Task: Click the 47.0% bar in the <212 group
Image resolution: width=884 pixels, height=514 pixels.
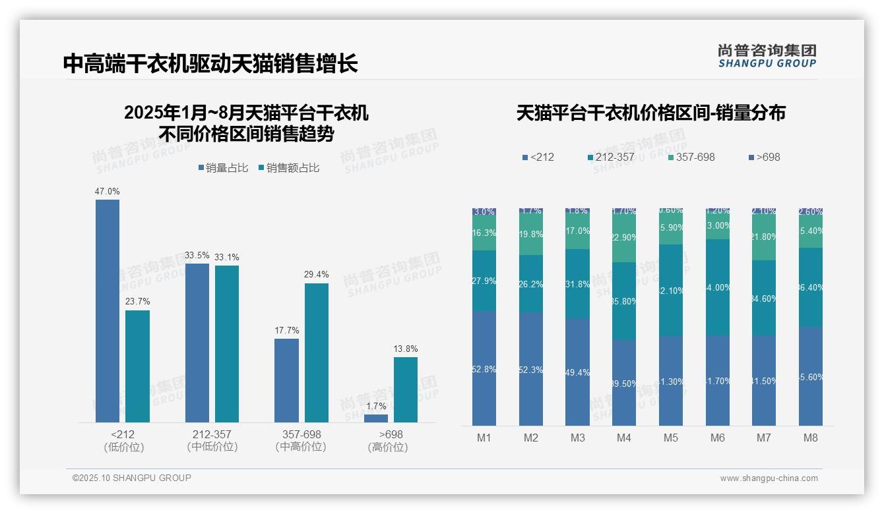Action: [108, 310]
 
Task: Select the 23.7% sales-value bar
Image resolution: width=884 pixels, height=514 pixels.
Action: [137, 366]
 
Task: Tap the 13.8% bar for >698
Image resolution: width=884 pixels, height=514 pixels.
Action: [405, 389]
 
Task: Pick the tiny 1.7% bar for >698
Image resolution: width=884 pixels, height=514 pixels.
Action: [375, 418]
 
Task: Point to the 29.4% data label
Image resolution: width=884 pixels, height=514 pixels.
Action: [317, 274]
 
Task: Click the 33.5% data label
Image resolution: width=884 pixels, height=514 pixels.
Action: [197, 255]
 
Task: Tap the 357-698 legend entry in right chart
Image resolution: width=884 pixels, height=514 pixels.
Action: [691, 157]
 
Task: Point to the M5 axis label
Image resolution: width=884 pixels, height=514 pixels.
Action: [671, 438]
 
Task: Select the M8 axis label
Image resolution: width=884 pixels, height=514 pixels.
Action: [811, 438]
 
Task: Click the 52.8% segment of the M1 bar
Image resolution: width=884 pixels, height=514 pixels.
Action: [484, 368]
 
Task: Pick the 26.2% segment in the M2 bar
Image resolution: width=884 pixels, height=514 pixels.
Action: [531, 284]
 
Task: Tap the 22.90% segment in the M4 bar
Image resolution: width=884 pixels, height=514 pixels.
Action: [624, 239]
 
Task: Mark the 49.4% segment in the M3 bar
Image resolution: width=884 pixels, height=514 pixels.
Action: [577, 372]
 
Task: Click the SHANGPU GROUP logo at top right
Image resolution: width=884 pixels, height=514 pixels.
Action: [767, 56]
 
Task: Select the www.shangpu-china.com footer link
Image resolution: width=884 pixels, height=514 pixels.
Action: [769, 478]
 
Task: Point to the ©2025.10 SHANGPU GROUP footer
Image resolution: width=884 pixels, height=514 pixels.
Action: [132, 478]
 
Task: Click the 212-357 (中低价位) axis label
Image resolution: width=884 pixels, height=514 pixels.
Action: [212, 441]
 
